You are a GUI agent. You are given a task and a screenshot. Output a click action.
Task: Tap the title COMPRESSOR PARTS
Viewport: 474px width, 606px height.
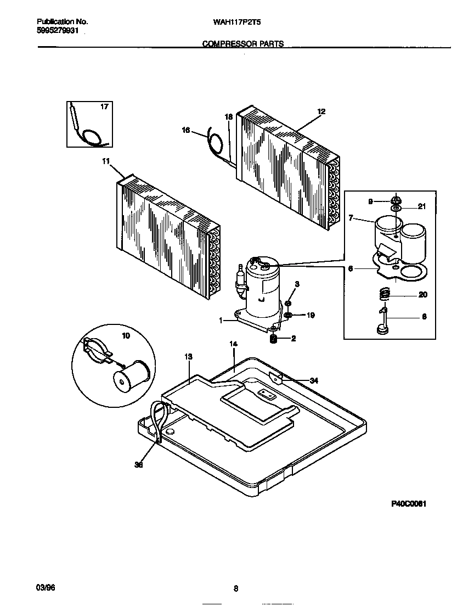tap(243, 44)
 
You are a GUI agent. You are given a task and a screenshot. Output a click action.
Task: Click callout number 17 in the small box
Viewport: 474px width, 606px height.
tap(104, 108)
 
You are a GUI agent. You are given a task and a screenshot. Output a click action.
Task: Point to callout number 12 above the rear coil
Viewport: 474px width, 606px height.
tap(321, 111)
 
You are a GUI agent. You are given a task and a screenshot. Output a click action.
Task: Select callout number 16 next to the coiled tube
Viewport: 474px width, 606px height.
tap(186, 130)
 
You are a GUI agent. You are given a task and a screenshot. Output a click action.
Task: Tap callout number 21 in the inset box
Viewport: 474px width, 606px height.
tap(422, 206)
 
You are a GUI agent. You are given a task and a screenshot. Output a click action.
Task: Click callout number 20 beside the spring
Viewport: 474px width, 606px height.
tap(422, 295)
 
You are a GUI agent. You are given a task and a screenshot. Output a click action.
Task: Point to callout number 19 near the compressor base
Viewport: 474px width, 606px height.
tap(311, 316)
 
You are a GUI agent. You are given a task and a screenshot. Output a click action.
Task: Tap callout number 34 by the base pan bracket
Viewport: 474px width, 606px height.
tap(313, 380)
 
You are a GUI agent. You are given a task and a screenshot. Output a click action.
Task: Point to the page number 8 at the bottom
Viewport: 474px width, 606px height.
tap(236, 589)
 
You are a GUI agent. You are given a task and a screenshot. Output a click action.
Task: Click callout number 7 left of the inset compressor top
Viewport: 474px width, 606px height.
tap(351, 217)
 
